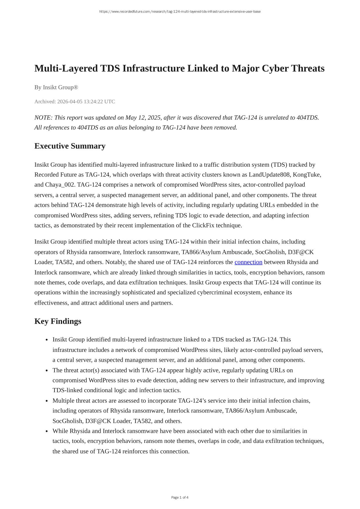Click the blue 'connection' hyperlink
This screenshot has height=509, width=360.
(248, 262)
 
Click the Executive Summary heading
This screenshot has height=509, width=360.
(70, 146)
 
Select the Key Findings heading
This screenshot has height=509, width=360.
(58, 321)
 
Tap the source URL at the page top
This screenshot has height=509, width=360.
(180, 12)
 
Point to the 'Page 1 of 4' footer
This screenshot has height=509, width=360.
(180, 497)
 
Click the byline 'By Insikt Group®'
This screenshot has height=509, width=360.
(56, 87)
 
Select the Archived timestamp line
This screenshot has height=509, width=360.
(74, 101)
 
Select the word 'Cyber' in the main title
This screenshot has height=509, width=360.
(275, 68)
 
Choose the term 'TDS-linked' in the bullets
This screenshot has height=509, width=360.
(67, 390)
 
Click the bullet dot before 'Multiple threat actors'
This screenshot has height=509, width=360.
(46, 401)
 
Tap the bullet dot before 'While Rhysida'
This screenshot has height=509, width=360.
(46, 431)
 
